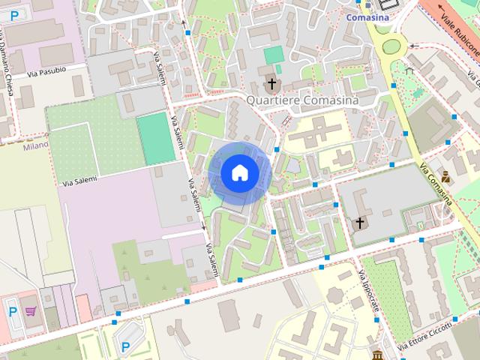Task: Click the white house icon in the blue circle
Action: [239, 172]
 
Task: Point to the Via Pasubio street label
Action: [46, 72]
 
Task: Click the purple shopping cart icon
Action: [31, 310]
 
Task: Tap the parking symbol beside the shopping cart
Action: [12, 310]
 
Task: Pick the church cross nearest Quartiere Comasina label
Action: [270, 84]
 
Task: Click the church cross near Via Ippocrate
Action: [360, 223]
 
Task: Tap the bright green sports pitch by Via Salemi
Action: [155, 138]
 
